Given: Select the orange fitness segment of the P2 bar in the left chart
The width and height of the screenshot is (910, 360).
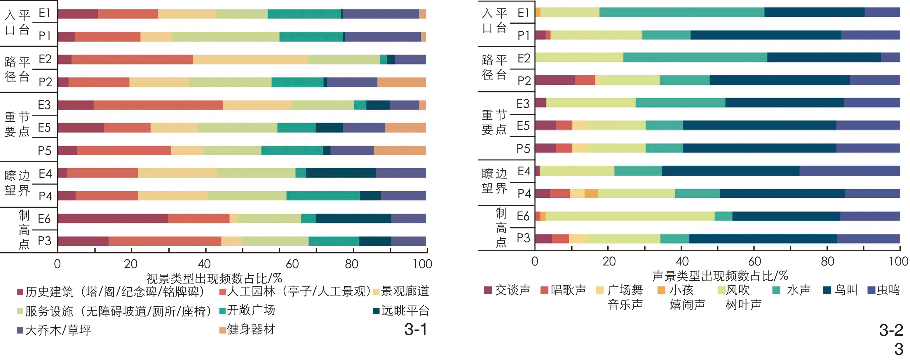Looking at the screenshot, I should coord(401,82).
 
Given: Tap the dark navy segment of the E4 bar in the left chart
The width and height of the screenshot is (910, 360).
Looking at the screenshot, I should coord(341,173).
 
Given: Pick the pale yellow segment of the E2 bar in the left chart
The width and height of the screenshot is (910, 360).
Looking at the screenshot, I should coord(250,59).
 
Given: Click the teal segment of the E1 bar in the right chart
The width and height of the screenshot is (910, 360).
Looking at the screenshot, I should coord(682,12).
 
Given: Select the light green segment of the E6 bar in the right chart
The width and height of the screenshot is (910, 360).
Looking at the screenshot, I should coord(630,216).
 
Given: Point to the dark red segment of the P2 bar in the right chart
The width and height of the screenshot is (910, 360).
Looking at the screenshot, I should coord(555,80).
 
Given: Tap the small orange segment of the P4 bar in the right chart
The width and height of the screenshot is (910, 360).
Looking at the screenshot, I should coord(591,193).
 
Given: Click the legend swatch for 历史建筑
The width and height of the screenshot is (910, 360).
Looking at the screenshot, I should coord(20,292).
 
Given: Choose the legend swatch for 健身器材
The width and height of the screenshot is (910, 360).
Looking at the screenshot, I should coord(222,330).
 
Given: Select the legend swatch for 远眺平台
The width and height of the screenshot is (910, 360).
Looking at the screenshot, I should coord(376,311).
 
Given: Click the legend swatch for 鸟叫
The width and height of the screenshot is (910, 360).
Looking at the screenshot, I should coord(827,290).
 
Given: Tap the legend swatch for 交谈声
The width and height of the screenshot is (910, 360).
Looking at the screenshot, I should coord(488,290).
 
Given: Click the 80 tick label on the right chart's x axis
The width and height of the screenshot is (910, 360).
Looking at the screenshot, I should coord(827,261).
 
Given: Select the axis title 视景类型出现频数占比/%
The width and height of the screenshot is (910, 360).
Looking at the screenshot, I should coord(214,278).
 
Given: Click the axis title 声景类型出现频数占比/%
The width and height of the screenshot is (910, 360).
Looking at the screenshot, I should coord(720,276).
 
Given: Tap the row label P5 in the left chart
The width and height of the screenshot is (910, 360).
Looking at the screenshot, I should coord(45,151).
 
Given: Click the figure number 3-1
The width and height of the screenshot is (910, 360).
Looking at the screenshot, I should coord(415,330).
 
